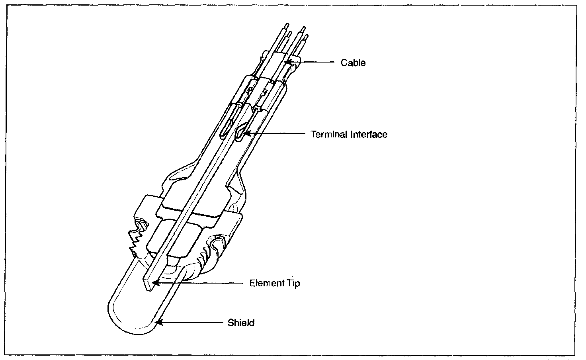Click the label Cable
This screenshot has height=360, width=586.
tap(353, 63)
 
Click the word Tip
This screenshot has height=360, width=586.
tap(292, 284)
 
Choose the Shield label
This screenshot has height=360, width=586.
tap(241, 323)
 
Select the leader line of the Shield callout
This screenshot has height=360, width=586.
tap(191, 323)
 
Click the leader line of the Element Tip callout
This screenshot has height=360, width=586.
tap(199, 284)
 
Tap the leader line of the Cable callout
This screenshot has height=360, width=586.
tap(314, 62)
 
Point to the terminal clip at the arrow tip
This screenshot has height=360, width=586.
tap(240, 132)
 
